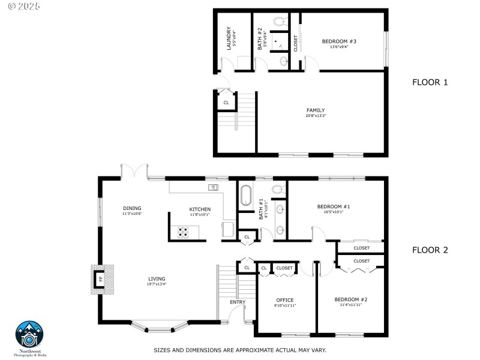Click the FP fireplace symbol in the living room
click(100, 279)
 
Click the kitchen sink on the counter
click(214, 187)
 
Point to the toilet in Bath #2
click(279, 21)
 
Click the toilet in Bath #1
click(278, 189)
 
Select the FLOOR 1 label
click(430, 82)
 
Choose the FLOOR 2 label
click(430, 250)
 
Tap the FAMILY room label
click(316, 110)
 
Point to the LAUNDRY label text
click(229, 37)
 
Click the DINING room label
click(132, 208)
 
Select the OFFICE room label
click(285, 300)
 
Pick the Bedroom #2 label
click(351, 299)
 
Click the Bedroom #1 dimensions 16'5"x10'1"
click(334, 212)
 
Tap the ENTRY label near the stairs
click(238, 302)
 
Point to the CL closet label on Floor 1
click(226, 103)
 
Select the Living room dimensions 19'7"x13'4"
click(157, 284)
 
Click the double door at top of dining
click(134, 171)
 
